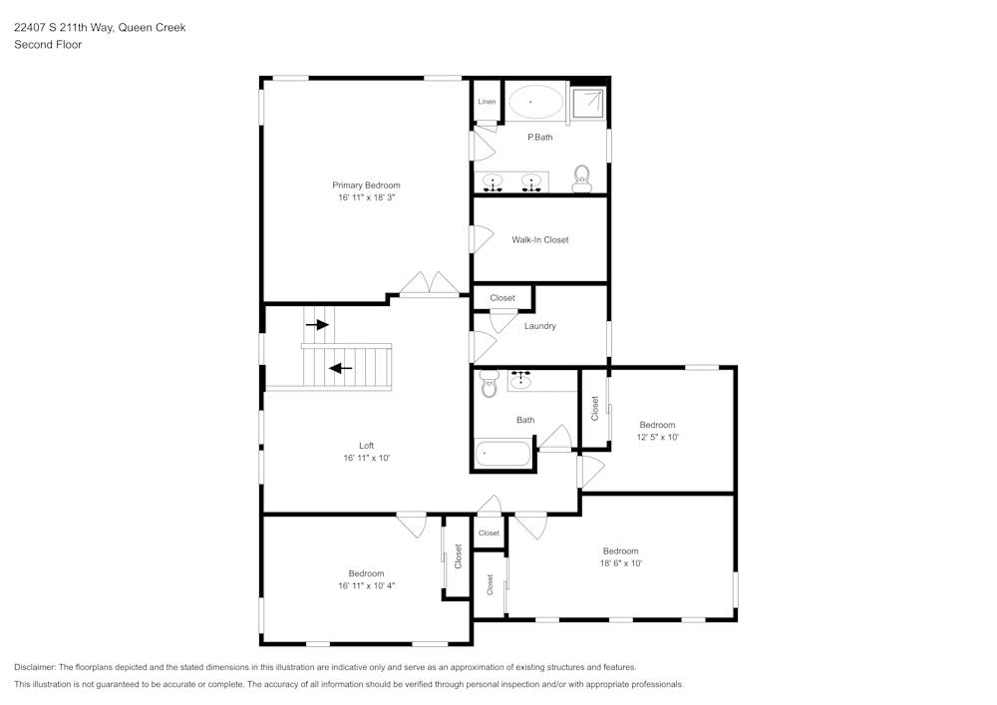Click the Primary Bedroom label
click(x=366, y=185)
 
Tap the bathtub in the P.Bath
click(x=535, y=102)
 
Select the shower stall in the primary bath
click(x=587, y=103)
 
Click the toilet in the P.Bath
click(x=582, y=179)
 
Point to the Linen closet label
click(x=487, y=102)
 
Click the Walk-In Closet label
click(x=540, y=240)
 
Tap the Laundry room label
click(x=539, y=326)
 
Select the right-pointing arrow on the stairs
click(x=317, y=325)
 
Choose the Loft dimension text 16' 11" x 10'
click(x=366, y=459)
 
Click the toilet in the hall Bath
click(x=489, y=384)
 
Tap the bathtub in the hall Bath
click(x=503, y=454)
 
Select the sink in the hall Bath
click(x=521, y=379)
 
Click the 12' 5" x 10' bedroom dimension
click(x=657, y=438)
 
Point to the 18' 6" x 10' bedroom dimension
click(x=620, y=563)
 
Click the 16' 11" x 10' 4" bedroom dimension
click(x=366, y=586)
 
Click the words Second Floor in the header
click(x=48, y=45)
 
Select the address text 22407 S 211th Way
click(x=64, y=28)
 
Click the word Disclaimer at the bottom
click(x=35, y=667)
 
